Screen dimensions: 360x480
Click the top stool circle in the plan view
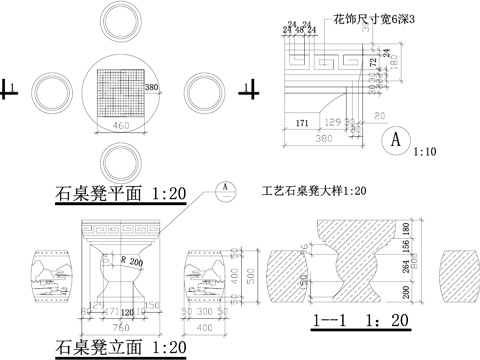(119, 22)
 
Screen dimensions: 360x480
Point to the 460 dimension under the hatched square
(120, 128)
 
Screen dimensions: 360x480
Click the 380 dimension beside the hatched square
(152, 88)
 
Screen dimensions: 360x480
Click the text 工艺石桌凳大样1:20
(313, 191)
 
